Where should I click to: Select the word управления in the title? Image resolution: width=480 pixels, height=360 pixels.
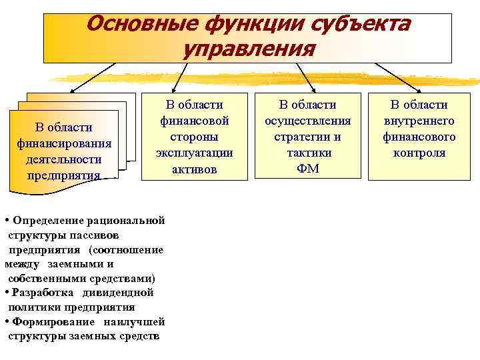(x=249, y=49)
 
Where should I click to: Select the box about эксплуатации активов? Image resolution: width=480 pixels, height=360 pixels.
(x=195, y=137)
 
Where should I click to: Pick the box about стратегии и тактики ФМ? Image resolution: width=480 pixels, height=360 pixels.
(x=307, y=137)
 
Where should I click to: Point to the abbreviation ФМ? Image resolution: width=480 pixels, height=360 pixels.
(x=307, y=169)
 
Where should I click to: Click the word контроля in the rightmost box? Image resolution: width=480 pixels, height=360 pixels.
(x=419, y=153)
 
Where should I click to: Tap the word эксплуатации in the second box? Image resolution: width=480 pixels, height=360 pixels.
(x=195, y=153)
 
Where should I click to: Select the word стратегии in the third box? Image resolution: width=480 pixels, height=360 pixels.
(x=307, y=137)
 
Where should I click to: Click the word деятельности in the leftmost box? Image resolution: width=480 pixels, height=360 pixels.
(x=64, y=159)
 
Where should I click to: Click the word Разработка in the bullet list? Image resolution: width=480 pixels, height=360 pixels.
(x=41, y=293)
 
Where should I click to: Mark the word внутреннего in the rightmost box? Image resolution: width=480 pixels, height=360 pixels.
(x=419, y=121)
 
